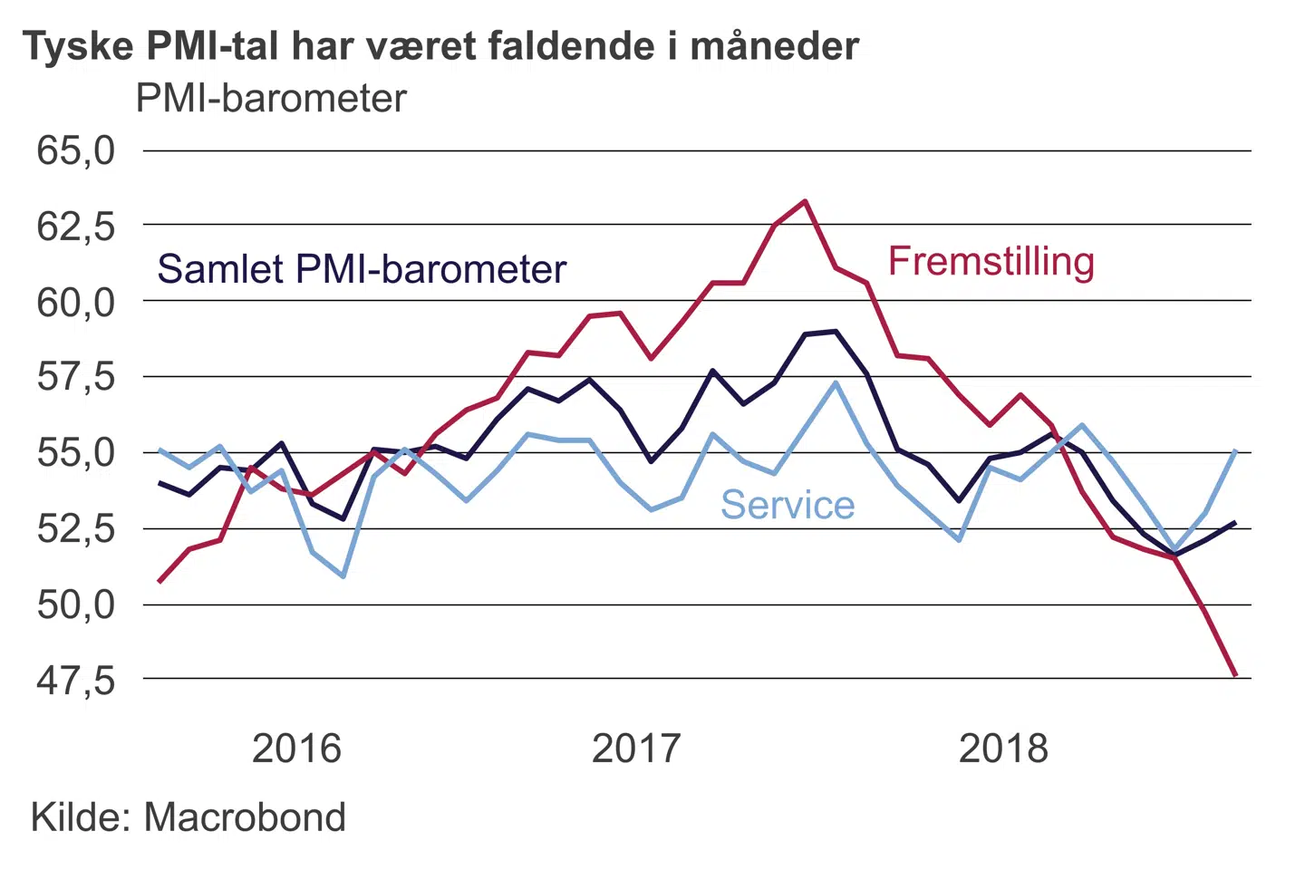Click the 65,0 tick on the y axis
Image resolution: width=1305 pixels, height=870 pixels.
pos(76,150)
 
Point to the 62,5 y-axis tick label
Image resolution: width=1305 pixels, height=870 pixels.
pos(76,226)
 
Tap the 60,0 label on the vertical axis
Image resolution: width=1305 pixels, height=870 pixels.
pos(76,302)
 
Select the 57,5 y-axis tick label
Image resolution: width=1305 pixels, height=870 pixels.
pos(76,377)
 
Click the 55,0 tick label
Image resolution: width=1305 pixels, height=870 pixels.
pos(76,452)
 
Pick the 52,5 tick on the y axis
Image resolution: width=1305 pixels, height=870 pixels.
pos(76,527)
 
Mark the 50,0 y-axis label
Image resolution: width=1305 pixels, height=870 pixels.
pos(76,604)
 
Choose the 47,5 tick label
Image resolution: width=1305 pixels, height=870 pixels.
pos(76,680)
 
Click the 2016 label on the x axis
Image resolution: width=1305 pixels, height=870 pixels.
pos(296,749)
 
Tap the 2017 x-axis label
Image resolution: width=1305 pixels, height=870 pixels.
pos(636,749)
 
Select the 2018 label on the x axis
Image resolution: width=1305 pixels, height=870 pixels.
pos(1003,749)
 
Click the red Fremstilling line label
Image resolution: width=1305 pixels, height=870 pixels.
pos(991,262)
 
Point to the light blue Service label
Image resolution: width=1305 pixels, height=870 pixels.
pos(788,505)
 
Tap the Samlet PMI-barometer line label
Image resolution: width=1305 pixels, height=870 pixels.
pos(362,269)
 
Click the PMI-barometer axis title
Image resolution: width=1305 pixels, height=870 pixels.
pos(271,98)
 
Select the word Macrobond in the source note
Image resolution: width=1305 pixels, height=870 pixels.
pos(245,817)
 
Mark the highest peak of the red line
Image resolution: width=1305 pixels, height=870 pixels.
pos(806,201)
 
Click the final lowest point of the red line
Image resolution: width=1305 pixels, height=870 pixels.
pos(1235,675)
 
